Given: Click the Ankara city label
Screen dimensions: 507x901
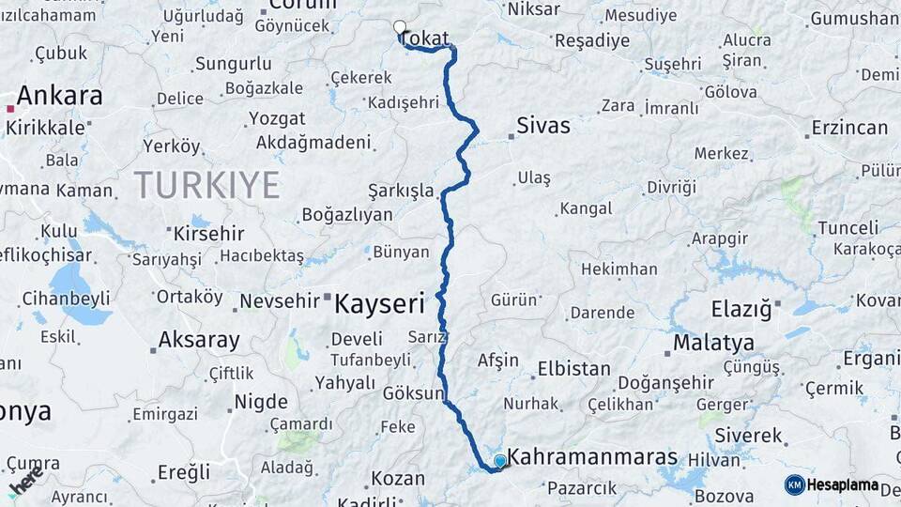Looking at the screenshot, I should click(x=59, y=96).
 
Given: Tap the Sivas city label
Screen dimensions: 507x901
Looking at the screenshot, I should click(x=543, y=126).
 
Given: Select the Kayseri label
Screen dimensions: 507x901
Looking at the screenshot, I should click(x=380, y=303).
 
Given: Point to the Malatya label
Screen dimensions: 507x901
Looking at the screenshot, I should click(x=713, y=342).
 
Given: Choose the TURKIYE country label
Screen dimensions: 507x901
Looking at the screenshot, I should click(x=206, y=185).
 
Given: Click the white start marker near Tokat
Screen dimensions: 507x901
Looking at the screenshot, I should click(x=400, y=27).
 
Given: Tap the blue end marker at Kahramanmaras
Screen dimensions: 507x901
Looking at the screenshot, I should click(x=500, y=460).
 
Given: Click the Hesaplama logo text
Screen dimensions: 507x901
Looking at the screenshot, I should click(x=842, y=484).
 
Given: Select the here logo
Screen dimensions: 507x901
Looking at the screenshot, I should click(x=26, y=480).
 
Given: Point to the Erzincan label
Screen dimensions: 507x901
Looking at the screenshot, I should click(x=849, y=128).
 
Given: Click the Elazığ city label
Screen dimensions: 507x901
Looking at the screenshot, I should click(x=741, y=308).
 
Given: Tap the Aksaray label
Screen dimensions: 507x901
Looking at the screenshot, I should click(x=199, y=340).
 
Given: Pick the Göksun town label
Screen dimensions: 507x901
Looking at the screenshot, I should click(x=413, y=393).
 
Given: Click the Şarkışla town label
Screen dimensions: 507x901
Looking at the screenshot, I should click(x=402, y=191).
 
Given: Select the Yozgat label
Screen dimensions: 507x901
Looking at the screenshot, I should click(x=277, y=118).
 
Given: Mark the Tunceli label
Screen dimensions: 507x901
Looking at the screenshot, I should click(x=848, y=228).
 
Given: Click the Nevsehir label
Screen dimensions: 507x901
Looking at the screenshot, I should click(x=281, y=301).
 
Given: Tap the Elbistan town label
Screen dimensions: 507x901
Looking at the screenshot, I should click(x=571, y=368).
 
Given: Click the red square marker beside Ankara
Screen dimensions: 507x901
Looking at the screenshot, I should click(x=10, y=109).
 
